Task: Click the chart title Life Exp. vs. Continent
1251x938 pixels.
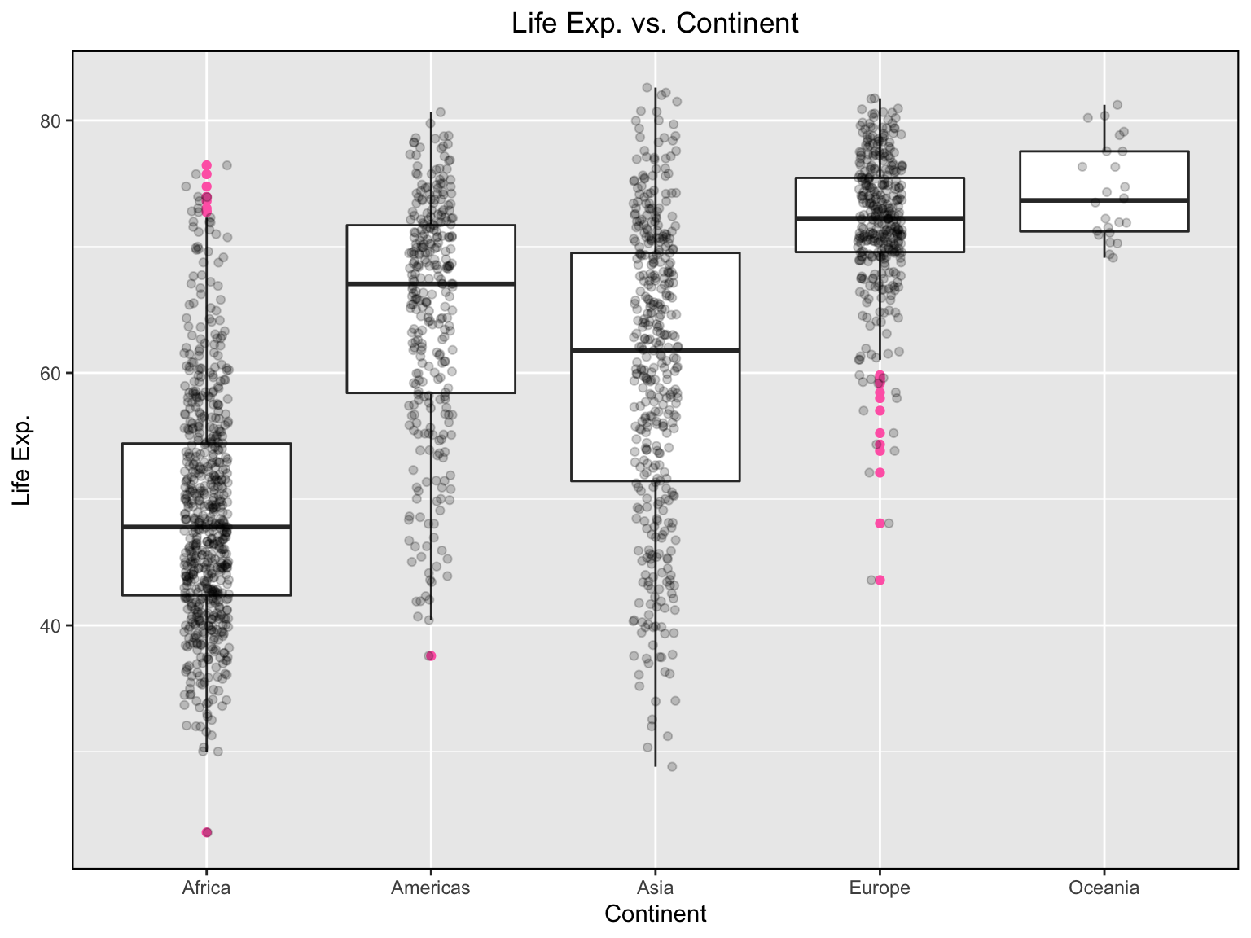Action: tap(655, 23)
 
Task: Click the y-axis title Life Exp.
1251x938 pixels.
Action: tap(22, 459)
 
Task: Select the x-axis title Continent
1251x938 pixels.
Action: tap(655, 914)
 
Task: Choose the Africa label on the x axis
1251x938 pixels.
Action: tap(206, 888)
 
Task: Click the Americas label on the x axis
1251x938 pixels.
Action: tap(430, 888)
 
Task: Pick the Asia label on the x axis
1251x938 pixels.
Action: tap(655, 888)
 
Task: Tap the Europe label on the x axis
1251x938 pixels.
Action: tap(880, 888)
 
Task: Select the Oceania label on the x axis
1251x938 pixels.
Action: tap(1104, 888)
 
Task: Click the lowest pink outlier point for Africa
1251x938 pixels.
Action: tap(207, 832)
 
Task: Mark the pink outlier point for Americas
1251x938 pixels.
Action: tap(431, 655)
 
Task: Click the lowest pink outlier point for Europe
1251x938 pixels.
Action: tap(880, 580)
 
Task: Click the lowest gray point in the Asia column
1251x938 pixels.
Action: tap(672, 766)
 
